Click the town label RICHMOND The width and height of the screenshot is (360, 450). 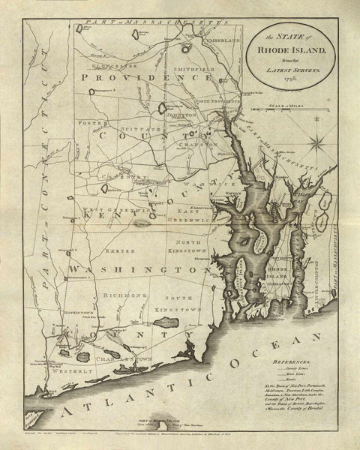(124, 295)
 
